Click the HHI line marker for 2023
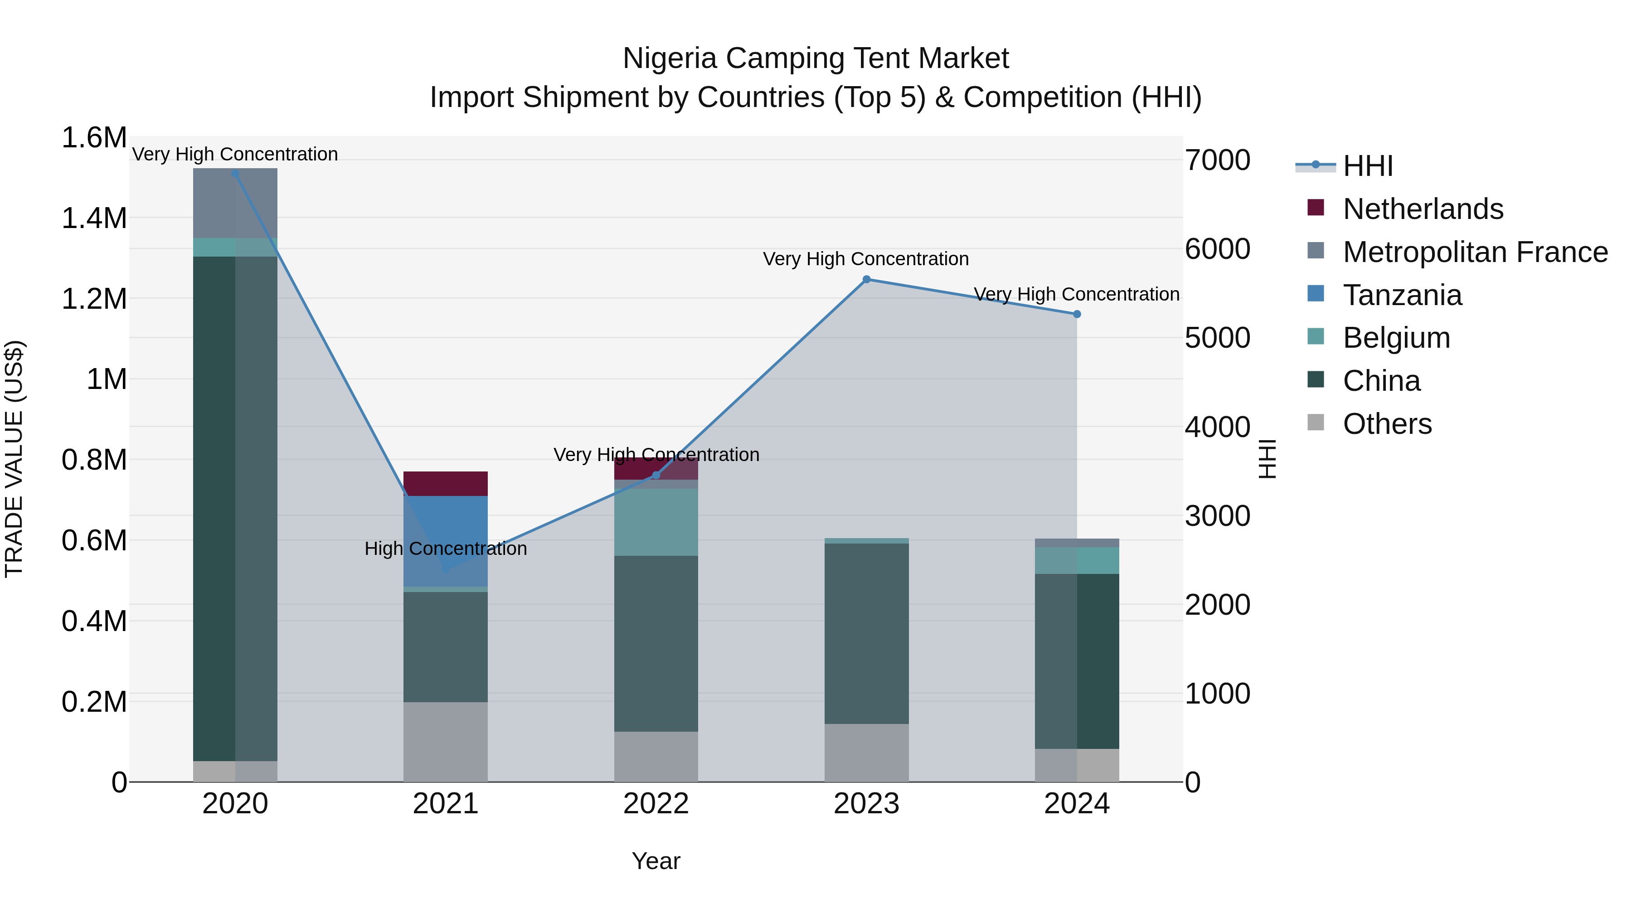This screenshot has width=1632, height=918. [866, 279]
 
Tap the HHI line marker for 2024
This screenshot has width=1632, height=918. [1076, 314]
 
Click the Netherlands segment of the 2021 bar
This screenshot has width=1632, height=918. [445, 483]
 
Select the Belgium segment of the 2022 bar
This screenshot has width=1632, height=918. [656, 522]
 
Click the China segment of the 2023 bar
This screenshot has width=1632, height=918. [866, 634]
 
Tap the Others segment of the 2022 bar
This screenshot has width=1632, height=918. [656, 757]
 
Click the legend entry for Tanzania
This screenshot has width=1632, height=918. [1401, 295]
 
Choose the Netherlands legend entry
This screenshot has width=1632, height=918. [1422, 209]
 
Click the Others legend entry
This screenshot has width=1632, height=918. [1386, 424]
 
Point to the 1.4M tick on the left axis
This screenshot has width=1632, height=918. [94, 219]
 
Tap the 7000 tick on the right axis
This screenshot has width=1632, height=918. [1217, 160]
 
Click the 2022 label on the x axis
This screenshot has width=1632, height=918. [656, 804]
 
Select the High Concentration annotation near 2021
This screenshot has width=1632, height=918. [445, 549]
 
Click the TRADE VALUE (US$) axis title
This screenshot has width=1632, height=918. [14, 459]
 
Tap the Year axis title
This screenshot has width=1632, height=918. [656, 861]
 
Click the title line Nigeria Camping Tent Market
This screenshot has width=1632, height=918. [816, 58]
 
